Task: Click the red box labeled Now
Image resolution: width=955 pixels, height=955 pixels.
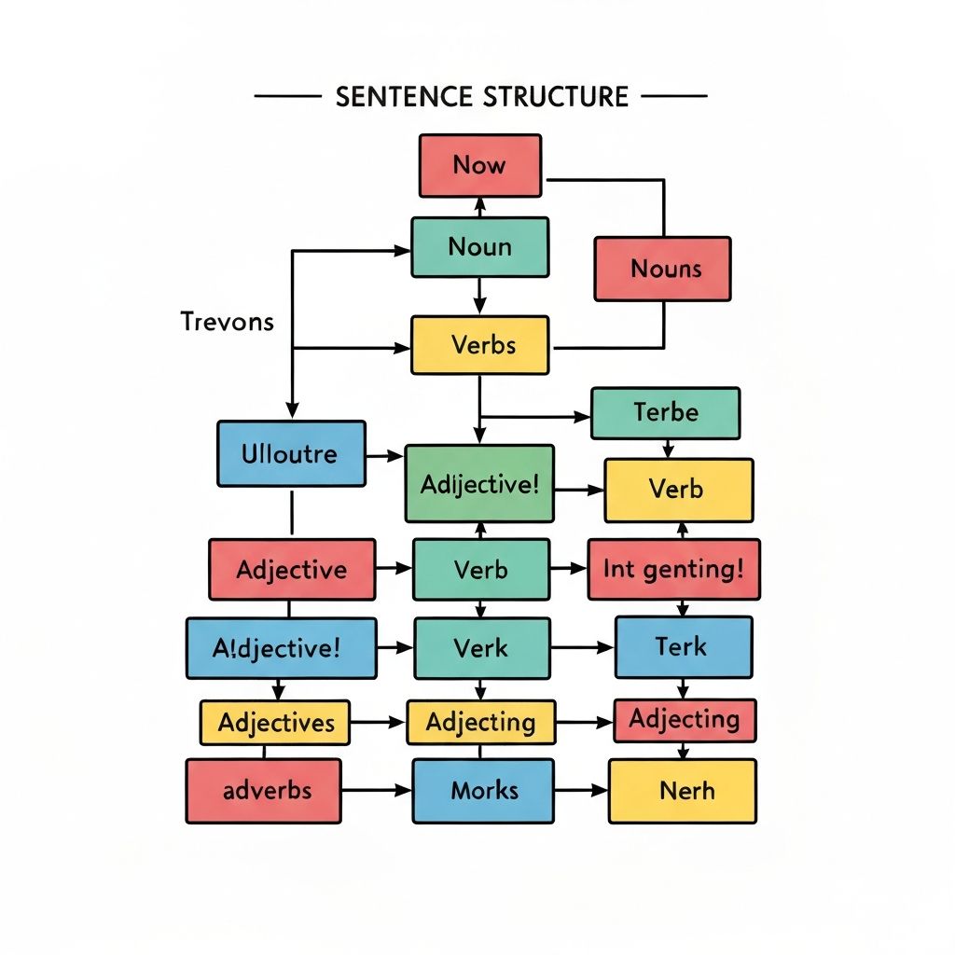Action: coord(479,166)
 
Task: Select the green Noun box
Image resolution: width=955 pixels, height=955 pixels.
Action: coord(479,247)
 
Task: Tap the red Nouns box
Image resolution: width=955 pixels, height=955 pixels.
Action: coord(662,270)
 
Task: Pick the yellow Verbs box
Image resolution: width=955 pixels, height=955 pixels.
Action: coord(480,345)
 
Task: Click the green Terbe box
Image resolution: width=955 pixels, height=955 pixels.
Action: coord(665,412)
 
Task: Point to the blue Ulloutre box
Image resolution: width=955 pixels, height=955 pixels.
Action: coord(291,454)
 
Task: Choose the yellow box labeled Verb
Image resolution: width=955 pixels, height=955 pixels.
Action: coord(678,490)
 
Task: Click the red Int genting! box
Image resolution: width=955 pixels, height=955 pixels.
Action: coord(673,569)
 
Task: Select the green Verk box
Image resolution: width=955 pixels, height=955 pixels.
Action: coord(480,646)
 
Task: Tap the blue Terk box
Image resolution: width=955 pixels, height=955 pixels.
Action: coord(683,646)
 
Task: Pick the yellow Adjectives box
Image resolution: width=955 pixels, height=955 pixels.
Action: coord(275,723)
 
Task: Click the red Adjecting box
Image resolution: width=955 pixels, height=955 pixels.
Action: coord(685,720)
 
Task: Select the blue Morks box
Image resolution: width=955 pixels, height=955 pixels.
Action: coord(483,791)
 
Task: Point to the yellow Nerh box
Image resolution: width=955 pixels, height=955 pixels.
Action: coord(682,791)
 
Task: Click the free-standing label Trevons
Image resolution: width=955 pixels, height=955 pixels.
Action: coord(227,322)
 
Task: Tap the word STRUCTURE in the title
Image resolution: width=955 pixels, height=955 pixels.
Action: coord(556,96)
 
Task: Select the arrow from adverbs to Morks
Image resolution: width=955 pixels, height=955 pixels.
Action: coord(376,791)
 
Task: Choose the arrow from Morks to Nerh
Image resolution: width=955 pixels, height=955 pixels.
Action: coord(580,791)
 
